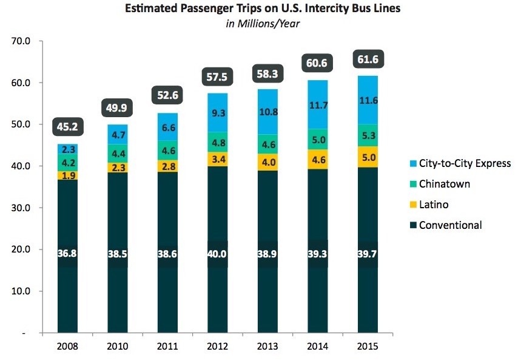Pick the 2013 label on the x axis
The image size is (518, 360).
(x=266, y=347)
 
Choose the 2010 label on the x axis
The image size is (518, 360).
(x=117, y=347)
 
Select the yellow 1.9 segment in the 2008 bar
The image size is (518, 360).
(x=67, y=175)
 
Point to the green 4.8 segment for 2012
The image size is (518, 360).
(x=217, y=144)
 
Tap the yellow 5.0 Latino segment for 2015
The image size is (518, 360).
(x=366, y=157)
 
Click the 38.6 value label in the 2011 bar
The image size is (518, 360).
(x=167, y=254)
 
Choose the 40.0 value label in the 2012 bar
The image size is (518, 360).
(x=217, y=254)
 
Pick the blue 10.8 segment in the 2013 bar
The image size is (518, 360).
(x=266, y=112)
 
